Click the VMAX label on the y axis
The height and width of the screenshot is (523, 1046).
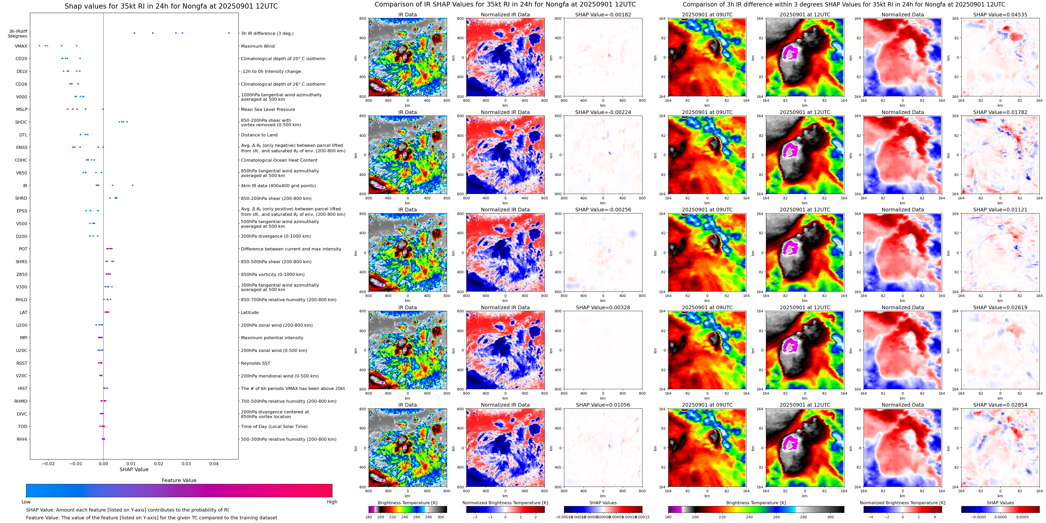click(21, 46)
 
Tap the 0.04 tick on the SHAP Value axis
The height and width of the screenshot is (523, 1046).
click(214, 464)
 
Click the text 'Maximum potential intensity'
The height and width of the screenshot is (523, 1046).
click(272, 338)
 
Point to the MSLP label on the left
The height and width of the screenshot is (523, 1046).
click(22, 110)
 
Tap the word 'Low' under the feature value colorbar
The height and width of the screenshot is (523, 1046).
click(26, 502)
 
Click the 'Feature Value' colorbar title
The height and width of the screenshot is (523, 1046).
click(179, 480)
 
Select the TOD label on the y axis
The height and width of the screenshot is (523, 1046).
click(23, 426)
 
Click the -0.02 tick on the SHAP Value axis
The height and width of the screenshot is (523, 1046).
click(48, 464)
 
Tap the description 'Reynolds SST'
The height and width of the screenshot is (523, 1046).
click(255, 363)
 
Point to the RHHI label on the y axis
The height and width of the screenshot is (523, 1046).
click(22, 439)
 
